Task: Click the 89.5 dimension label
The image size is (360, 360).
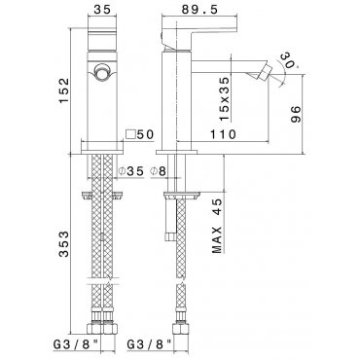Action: click(199, 10)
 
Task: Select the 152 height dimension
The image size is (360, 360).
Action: click(64, 90)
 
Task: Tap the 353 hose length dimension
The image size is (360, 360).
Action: click(64, 244)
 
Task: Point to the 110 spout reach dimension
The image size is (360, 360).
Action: click(223, 134)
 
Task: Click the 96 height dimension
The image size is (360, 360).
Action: click(296, 114)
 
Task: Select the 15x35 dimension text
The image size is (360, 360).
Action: click(225, 99)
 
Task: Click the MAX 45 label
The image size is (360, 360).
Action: click(218, 226)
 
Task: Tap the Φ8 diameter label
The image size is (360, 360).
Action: click(158, 171)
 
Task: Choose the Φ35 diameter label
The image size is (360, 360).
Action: click(130, 171)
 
